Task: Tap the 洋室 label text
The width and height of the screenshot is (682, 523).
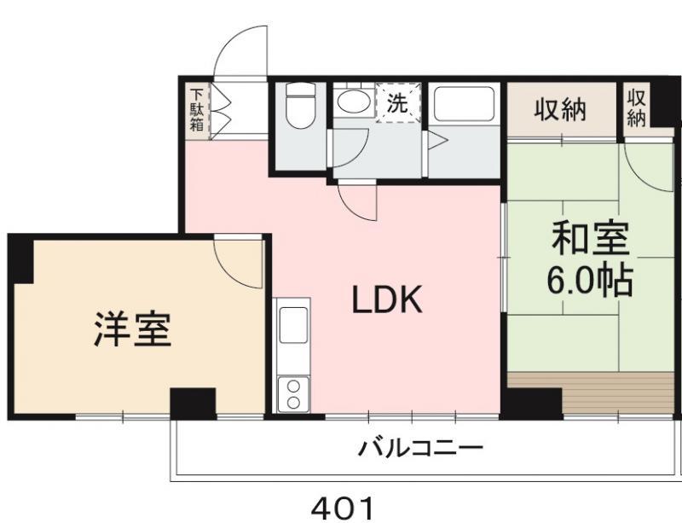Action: (x=132, y=329)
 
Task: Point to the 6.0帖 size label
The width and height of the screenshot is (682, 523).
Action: (x=590, y=281)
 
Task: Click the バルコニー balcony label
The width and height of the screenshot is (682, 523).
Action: (x=421, y=447)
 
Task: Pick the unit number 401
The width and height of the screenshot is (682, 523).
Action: (x=343, y=508)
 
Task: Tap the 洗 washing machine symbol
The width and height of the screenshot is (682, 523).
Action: (x=398, y=103)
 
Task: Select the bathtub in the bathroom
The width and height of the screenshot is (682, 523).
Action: (x=464, y=104)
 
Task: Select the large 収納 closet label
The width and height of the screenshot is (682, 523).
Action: (x=560, y=108)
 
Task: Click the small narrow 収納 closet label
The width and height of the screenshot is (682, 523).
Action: (x=636, y=107)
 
